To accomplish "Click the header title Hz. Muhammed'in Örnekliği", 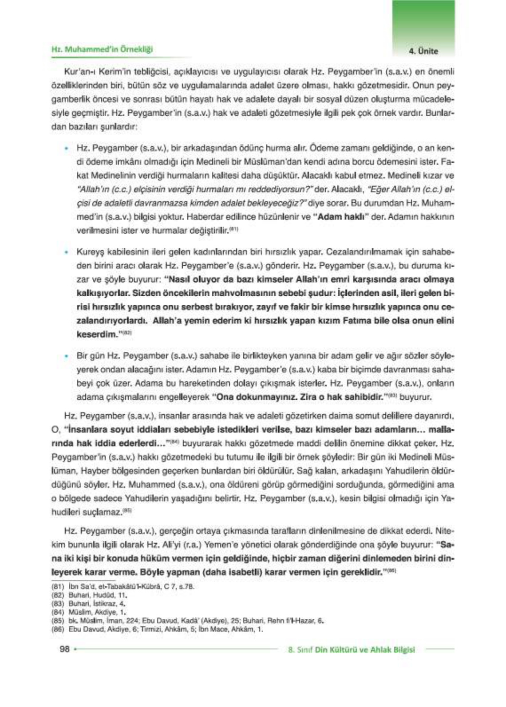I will pos(102,49).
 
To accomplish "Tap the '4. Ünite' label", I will pos(423,51).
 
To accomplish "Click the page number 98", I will pos(65,649).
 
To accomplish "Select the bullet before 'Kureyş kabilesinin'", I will pos(67,252).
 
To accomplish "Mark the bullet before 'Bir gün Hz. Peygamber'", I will pos(67,356).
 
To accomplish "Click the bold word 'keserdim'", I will pos(96,334).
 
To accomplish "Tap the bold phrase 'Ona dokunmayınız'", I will pos(256,397).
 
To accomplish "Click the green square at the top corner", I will pos(423,20).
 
